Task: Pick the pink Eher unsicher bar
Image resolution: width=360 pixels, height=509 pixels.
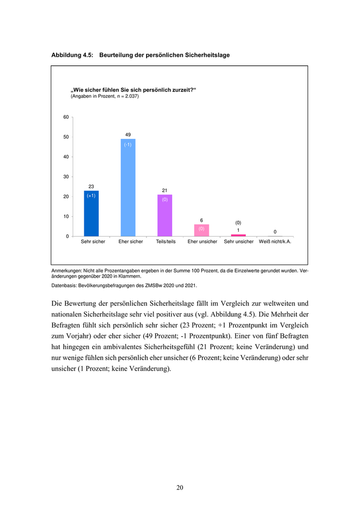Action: point(202,231)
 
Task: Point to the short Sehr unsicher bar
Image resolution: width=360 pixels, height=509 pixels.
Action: point(238,235)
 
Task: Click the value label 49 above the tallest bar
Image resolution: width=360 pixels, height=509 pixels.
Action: point(128,135)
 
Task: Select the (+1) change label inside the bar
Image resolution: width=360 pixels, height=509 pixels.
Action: point(91,196)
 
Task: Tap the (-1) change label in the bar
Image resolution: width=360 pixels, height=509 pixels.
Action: point(128,144)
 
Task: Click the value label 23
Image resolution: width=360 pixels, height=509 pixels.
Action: point(91,186)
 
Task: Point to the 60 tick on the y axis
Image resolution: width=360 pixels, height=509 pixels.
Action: point(66,117)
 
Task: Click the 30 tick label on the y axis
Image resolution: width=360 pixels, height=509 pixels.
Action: point(66,177)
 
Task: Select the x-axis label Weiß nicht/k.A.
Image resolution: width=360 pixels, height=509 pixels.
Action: point(275,242)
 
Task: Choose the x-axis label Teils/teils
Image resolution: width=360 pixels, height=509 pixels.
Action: point(165,242)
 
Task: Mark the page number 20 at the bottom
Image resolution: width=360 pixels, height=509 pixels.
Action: point(179,487)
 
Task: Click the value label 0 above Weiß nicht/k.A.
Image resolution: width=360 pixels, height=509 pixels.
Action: point(275,231)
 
